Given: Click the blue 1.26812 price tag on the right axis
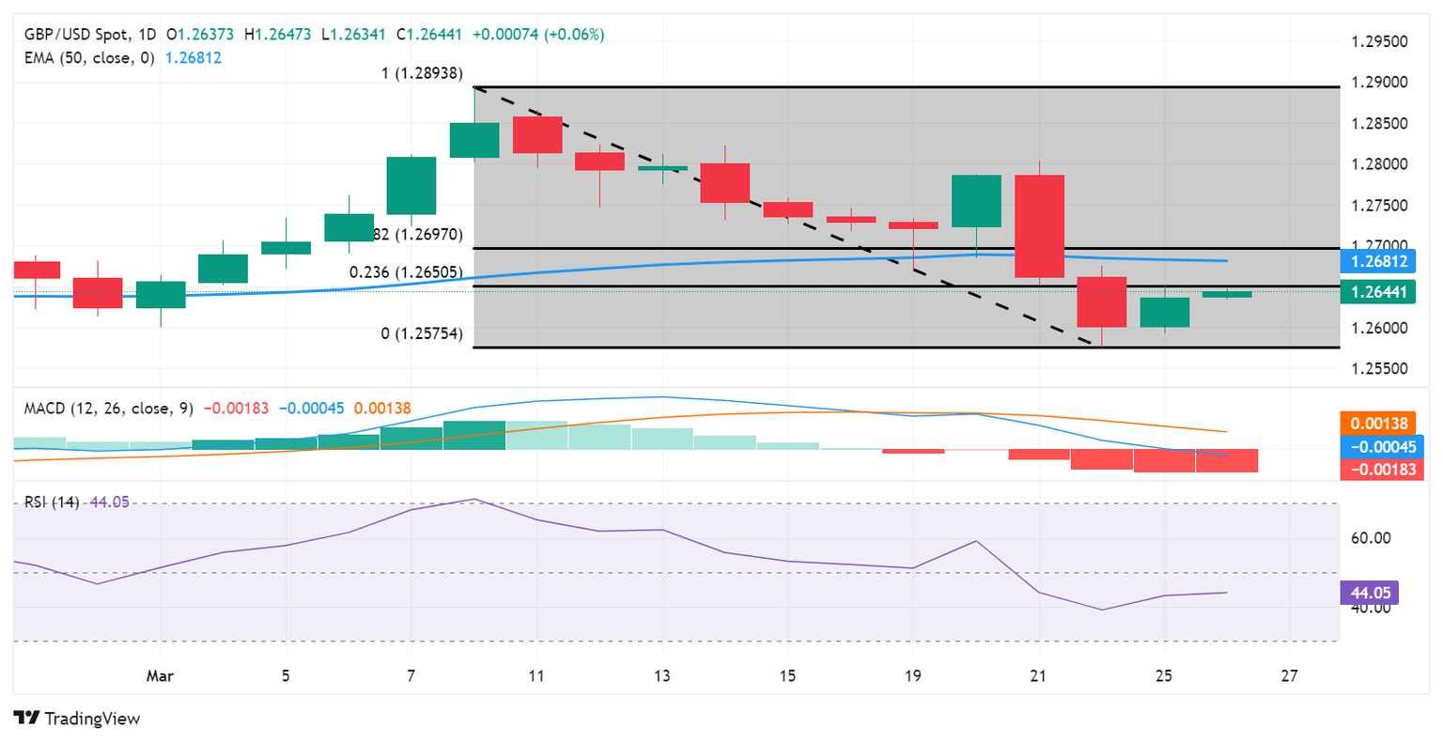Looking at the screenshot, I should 1378,261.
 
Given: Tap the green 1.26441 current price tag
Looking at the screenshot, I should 1378,292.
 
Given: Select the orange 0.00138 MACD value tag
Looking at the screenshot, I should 1378,424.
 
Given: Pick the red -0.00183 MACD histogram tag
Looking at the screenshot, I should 1378,469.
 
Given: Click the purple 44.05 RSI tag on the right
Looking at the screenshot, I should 1370,593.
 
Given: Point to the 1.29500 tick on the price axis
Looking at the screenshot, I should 1379,41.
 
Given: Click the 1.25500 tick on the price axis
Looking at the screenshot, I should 1379,369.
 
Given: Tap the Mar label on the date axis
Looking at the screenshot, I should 160,676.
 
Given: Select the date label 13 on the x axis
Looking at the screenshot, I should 662,676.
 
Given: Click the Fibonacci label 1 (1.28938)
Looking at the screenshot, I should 422,73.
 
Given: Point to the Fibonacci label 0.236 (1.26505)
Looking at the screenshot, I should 406,272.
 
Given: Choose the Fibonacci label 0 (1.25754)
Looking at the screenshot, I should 422,334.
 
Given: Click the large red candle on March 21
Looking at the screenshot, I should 1039,225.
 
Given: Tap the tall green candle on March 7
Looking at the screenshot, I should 411,186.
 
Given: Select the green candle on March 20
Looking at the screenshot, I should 976,201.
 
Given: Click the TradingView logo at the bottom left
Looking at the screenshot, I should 78,719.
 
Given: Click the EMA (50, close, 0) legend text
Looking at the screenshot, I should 89,58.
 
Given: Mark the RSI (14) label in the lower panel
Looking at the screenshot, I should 52,502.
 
